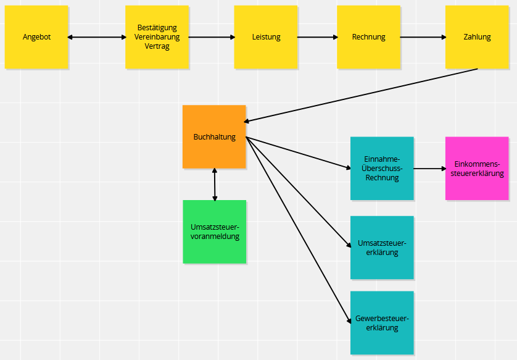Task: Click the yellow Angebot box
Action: point(36,37)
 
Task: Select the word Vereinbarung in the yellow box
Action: point(157,37)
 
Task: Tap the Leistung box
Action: point(266,37)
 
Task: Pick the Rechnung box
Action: point(369,37)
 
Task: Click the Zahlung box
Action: point(477,37)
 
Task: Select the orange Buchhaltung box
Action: point(214,136)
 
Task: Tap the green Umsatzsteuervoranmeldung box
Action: point(215,232)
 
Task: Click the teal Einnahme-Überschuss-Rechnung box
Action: point(382,169)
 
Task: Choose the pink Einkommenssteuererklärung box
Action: point(477,169)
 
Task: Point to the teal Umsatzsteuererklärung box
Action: point(382,248)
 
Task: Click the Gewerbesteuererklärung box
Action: point(382,323)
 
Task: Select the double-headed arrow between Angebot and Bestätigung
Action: point(97,37)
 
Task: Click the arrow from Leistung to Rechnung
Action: point(318,37)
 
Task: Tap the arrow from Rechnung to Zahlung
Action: point(423,37)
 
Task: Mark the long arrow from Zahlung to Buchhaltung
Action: point(361,95)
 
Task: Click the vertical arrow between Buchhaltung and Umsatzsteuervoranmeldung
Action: point(215,185)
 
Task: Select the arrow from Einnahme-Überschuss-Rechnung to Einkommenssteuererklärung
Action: point(429,169)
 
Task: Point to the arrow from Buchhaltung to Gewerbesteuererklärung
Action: point(299,230)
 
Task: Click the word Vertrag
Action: point(157,46)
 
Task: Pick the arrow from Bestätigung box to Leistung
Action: point(212,37)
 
